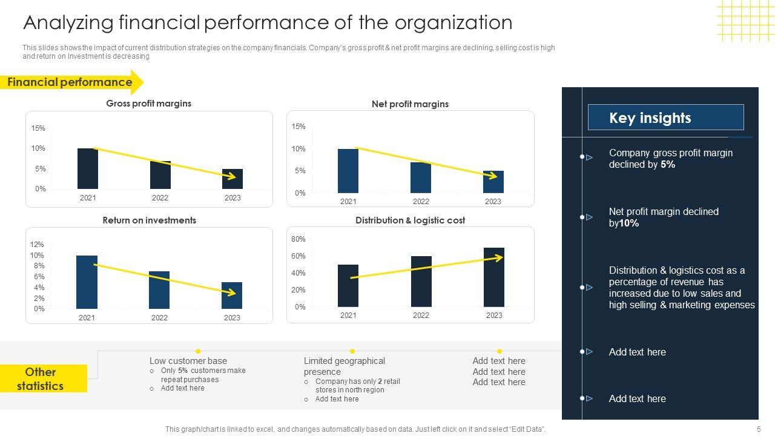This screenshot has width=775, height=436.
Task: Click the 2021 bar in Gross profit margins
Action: point(88,168)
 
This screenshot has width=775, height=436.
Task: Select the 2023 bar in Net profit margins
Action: point(493,182)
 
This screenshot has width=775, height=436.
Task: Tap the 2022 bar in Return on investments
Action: point(159,290)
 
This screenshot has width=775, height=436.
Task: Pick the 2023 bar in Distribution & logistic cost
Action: point(494,277)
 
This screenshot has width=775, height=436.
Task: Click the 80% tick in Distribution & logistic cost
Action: point(298,240)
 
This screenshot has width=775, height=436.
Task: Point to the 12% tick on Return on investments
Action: point(37,245)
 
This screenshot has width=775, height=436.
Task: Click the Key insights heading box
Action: point(665,117)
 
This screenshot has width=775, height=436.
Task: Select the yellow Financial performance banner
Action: point(70,82)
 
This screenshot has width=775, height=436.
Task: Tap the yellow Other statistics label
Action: point(41,378)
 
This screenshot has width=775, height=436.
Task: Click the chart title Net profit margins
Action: point(410,104)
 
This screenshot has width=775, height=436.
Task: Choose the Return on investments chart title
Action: point(149,220)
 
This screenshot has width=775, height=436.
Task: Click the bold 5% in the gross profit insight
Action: point(668,165)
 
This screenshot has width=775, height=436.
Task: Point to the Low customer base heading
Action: point(188,361)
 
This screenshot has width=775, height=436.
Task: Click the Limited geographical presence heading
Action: point(344,366)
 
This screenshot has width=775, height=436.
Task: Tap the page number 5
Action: point(759,429)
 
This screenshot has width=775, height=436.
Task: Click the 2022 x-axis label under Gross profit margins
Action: point(160,198)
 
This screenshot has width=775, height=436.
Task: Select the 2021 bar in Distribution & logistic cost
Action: point(348,286)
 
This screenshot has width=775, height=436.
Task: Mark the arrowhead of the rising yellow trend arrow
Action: point(500,257)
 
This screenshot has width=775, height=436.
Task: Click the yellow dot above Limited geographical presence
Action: point(352,351)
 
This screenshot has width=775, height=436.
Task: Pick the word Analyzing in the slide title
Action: point(68,22)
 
